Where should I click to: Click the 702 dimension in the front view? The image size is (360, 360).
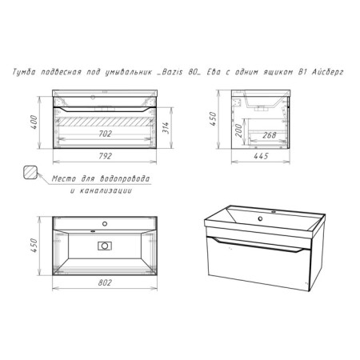105,134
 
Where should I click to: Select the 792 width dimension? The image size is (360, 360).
105,156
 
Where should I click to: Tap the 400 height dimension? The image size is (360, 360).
34,122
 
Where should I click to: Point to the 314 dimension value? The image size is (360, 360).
166,128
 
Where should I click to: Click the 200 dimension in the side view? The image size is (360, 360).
238,130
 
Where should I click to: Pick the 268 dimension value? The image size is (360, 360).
270,135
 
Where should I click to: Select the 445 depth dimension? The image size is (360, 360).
261,156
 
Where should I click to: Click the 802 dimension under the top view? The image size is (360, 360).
105,282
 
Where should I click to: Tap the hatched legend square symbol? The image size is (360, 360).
30,172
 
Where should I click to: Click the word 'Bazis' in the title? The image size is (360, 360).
172,72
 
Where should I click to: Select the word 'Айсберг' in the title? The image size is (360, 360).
327,72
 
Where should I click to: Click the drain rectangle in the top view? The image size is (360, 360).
105,246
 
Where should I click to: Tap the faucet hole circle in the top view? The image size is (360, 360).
105,224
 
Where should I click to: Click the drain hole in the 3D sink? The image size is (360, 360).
260,219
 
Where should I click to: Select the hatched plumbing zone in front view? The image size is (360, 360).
105,122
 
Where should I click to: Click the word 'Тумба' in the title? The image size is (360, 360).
24,72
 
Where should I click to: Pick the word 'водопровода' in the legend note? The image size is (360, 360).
125,178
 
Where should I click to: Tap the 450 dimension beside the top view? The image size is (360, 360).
34,246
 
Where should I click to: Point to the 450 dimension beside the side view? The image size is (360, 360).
213,119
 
